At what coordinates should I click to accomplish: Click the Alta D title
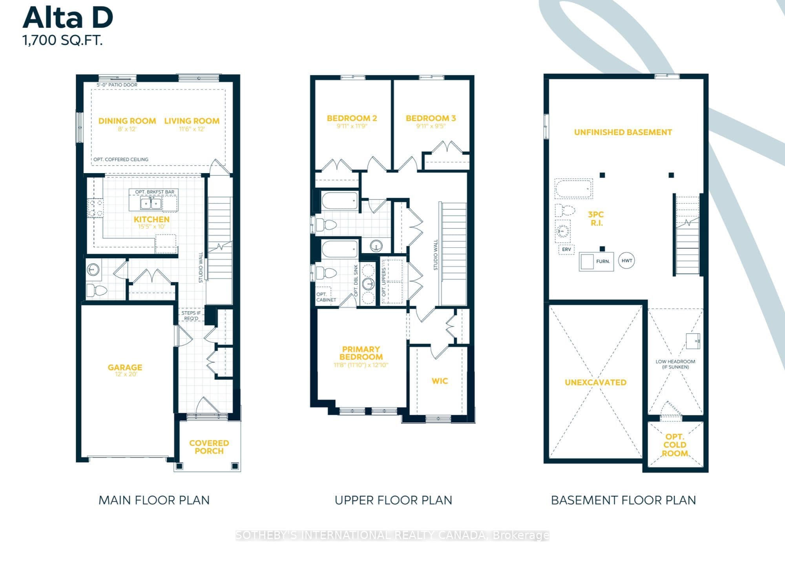68,18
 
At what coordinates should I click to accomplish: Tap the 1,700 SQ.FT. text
63,40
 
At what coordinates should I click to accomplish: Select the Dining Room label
127,121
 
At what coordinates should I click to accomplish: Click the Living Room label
192,121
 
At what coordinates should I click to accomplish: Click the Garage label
125,367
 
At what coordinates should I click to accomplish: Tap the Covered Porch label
209,447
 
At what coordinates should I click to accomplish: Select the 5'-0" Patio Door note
117,85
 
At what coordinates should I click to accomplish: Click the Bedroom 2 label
352,118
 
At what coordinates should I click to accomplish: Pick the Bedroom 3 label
431,118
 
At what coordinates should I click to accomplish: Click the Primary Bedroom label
361,353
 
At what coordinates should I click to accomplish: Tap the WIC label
440,381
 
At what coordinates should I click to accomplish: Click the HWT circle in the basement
627,261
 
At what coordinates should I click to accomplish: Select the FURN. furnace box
596,261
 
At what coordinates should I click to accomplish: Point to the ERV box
566,249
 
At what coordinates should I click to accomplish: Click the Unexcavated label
595,382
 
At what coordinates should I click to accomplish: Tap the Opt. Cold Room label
675,445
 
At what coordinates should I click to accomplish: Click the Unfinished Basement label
623,132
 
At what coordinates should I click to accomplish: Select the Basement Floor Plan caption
623,500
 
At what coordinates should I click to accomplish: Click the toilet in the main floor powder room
96,291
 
